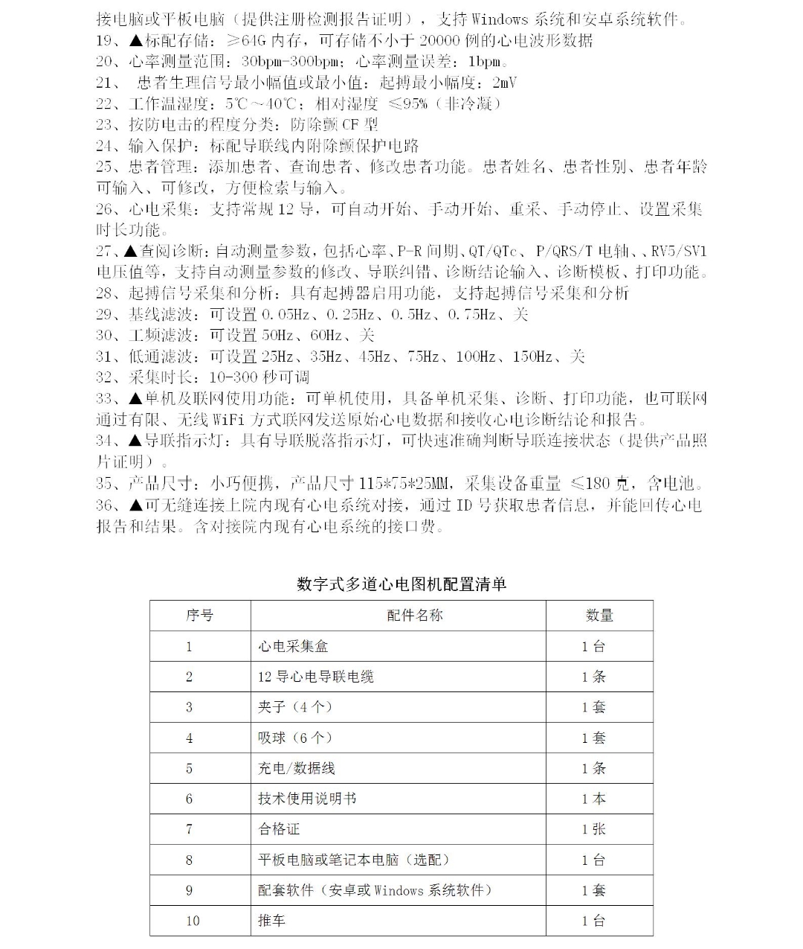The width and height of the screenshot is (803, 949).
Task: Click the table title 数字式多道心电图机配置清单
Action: pyautogui.click(x=401, y=584)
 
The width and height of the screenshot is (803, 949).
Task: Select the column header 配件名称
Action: pyautogui.click(x=414, y=616)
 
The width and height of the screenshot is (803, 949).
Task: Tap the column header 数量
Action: pyautogui.click(x=599, y=616)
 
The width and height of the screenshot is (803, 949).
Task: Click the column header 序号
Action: pyautogui.click(x=199, y=616)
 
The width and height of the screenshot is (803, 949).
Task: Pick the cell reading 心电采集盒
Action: pyautogui.click(x=293, y=646)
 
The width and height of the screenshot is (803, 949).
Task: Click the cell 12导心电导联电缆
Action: pyautogui.click(x=316, y=677)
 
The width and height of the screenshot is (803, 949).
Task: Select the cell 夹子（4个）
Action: pyautogui.click(x=295, y=707)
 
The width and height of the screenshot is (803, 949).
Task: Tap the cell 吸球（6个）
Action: pyautogui.click(x=295, y=738)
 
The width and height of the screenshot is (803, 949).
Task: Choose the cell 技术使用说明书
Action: pyautogui.click(x=307, y=799)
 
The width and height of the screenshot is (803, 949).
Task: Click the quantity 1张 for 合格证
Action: pyautogui.click(x=593, y=829)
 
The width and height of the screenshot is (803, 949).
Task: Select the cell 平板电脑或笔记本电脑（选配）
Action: pyautogui.click(x=354, y=860)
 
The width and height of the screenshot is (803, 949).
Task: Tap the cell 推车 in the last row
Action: pyautogui.click(x=271, y=921)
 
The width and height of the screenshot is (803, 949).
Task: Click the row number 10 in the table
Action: pyautogui.click(x=193, y=921)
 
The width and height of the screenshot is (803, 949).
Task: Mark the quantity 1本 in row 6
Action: pyautogui.click(x=593, y=799)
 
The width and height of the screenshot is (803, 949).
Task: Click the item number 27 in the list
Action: pyautogui.click(x=104, y=251)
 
